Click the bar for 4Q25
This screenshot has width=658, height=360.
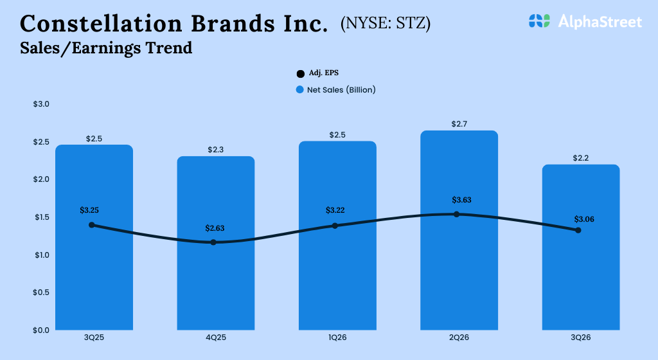click(x=216, y=283)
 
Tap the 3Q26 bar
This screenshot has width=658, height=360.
click(x=581, y=283)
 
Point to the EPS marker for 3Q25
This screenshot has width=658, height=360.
click(x=92, y=225)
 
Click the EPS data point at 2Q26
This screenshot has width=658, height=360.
click(x=457, y=214)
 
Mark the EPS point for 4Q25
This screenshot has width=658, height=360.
click(x=213, y=242)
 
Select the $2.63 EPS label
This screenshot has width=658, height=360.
click(x=215, y=228)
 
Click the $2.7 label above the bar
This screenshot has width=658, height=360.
click(x=459, y=123)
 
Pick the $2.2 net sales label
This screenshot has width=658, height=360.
click(x=580, y=157)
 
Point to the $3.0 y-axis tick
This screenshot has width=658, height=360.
click(x=41, y=104)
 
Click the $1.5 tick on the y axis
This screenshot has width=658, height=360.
click(x=41, y=217)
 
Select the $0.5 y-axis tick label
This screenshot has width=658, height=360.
click(x=41, y=292)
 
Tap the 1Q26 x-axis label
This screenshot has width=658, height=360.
click(x=337, y=337)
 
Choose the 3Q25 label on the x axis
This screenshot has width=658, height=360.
click(x=94, y=337)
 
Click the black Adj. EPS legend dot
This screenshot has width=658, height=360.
click(x=300, y=74)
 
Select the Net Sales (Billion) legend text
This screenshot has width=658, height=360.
click(x=341, y=90)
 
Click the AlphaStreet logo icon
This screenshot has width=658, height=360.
click(x=540, y=21)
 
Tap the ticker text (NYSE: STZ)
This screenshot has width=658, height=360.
click(x=386, y=24)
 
